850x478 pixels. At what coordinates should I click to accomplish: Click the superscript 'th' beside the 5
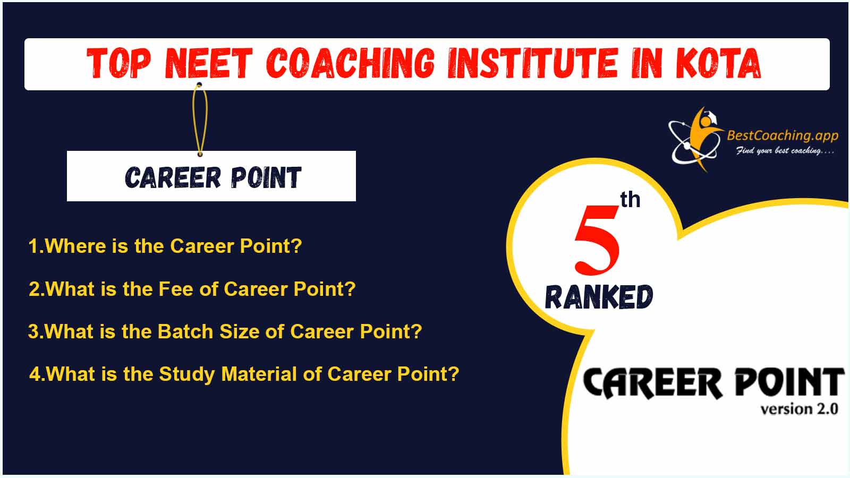click(630, 200)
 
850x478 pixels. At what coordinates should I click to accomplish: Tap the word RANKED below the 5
click(599, 297)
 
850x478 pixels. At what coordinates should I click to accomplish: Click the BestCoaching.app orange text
click(783, 135)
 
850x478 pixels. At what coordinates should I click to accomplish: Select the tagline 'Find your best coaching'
click(785, 151)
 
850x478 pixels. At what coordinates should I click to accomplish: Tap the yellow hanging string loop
click(200, 119)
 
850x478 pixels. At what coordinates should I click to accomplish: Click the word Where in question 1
click(75, 246)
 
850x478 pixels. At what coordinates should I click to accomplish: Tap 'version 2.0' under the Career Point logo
click(799, 409)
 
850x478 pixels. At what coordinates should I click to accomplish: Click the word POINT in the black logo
click(789, 382)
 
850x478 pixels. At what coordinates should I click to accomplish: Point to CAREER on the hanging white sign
click(173, 177)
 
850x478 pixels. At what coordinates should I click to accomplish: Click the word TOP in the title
click(119, 63)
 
